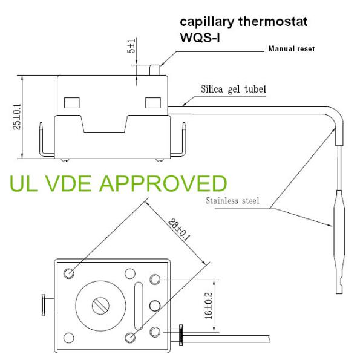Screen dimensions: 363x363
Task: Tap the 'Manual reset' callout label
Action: click(291, 48)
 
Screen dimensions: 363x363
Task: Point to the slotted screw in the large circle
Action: click(100, 306)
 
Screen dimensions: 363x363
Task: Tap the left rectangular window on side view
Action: click(71, 102)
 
